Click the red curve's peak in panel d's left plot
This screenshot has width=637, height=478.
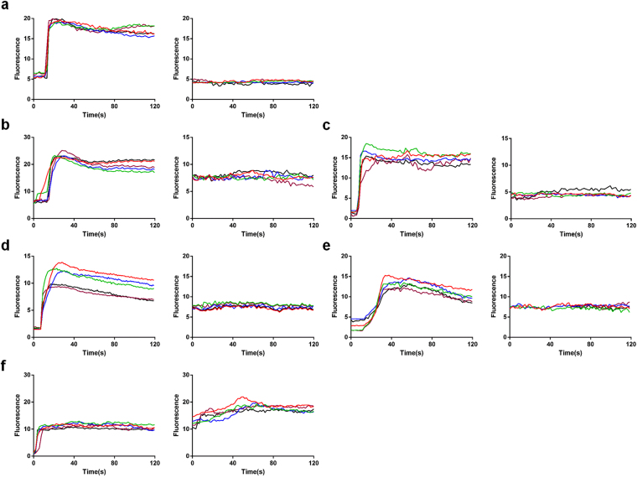click(x=57, y=262)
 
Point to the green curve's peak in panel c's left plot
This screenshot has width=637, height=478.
click(x=366, y=143)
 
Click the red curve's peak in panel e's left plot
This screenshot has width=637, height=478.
click(x=385, y=275)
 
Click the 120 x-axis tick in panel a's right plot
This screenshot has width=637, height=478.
click(x=313, y=107)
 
